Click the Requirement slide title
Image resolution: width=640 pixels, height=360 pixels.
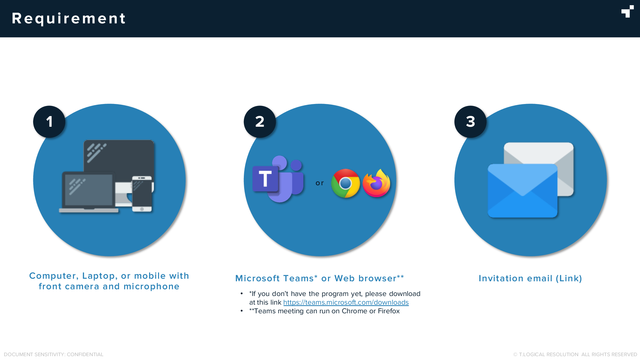click(69, 19)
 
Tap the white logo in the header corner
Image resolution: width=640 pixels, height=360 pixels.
click(628, 11)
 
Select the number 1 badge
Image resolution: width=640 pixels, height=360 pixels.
click(49, 122)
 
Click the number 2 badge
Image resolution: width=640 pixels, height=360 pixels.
click(260, 122)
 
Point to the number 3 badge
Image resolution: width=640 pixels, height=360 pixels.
click(470, 122)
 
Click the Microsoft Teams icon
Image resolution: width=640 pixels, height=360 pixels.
click(278, 179)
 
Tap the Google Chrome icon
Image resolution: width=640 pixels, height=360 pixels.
click(346, 183)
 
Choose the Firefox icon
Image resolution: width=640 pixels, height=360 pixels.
click(377, 183)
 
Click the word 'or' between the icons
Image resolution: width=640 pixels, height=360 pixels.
click(320, 183)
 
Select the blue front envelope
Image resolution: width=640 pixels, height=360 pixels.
click(523, 191)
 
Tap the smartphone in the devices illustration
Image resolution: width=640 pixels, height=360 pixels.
click(142, 194)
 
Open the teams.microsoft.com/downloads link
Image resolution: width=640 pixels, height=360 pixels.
click(346, 302)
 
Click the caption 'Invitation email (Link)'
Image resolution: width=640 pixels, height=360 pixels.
click(530, 278)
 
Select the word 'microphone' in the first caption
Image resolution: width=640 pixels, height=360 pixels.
click(151, 286)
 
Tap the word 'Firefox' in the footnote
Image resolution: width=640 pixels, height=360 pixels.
click(389, 311)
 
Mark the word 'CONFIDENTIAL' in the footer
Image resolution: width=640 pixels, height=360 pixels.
click(85, 355)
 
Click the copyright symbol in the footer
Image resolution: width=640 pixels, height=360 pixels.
click(515, 355)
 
